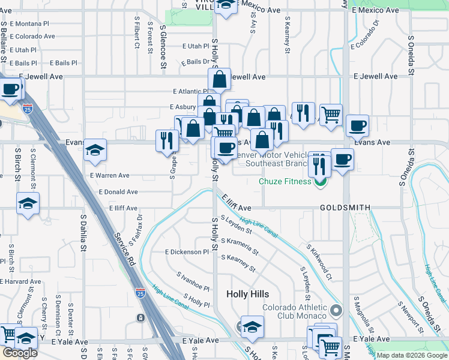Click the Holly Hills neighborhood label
click(248, 294)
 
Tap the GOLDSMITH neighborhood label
click(345, 207)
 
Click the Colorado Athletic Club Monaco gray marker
click(336, 311)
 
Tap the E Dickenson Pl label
click(186, 252)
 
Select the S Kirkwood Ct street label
click(319, 262)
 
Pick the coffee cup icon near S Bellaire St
click(10, 90)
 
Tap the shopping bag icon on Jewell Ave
click(220, 79)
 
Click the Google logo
click(20, 353)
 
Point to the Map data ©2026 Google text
click(412, 355)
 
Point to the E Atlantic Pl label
click(189, 91)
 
